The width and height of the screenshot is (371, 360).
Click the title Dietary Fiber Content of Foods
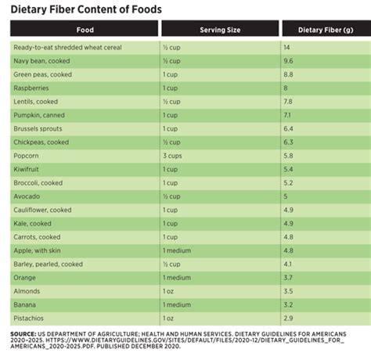pyautogui.click(x=86, y=9)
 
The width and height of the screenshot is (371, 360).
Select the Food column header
pyautogui.click(x=85, y=31)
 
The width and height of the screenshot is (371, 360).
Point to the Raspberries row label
pyautogui.click(x=32, y=88)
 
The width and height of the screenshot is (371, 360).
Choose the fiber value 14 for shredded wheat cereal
pyautogui.click(x=287, y=48)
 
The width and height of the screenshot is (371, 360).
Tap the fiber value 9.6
pyautogui.click(x=288, y=61)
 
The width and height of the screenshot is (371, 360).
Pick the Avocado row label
pyautogui.click(x=28, y=196)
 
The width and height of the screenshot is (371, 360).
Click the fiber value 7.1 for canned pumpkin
pyautogui.click(x=287, y=115)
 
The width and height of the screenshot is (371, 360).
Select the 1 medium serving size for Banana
pyautogui.click(x=178, y=304)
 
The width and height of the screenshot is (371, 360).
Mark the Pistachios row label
pyautogui.click(x=31, y=319)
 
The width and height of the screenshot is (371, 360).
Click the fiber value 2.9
pyautogui.click(x=288, y=319)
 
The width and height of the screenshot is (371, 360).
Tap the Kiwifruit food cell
pyautogui.click(x=29, y=169)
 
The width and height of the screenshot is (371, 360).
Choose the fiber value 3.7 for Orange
pyautogui.click(x=288, y=278)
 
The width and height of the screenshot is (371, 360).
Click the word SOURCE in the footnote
pyautogui.click(x=25, y=333)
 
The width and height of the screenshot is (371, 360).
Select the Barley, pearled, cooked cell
pyautogui.click(x=49, y=265)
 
